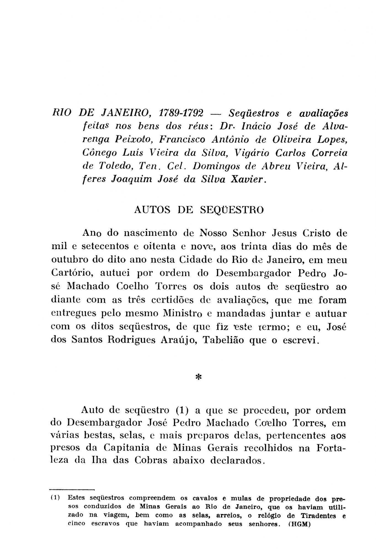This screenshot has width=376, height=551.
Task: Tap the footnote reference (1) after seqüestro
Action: (182, 410)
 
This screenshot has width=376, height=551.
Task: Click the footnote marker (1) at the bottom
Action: (56, 498)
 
